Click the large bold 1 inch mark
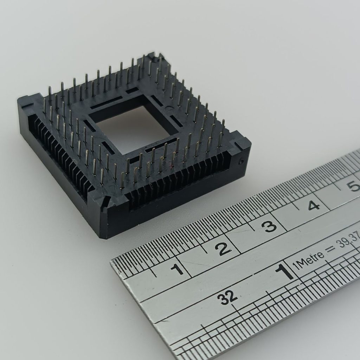tap(285, 272)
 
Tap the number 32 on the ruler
tap(228, 298)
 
